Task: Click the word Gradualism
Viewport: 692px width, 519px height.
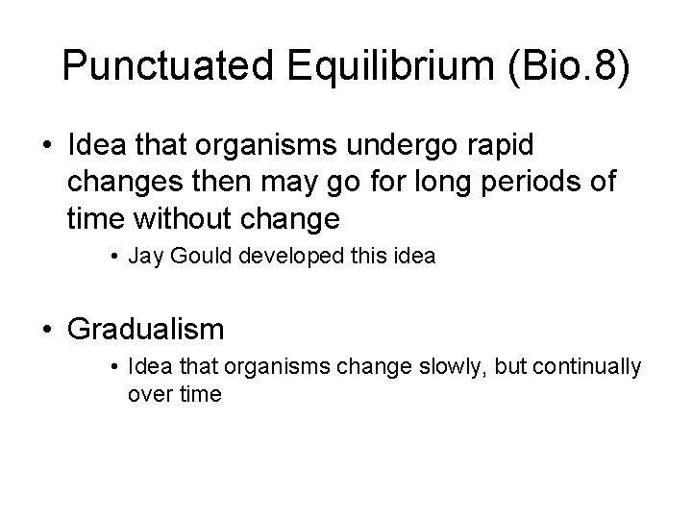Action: coord(145,329)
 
